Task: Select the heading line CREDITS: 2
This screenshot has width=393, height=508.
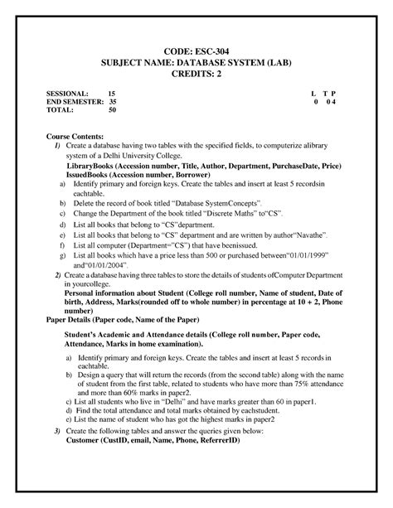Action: pyautogui.click(x=196, y=75)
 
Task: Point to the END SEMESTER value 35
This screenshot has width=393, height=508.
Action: pyautogui.click(x=113, y=102)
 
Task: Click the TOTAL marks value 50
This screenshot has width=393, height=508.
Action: pyautogui.click(x=113, y=109)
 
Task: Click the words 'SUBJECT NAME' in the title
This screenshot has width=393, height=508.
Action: pyautogui.click(x=136, y=63)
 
